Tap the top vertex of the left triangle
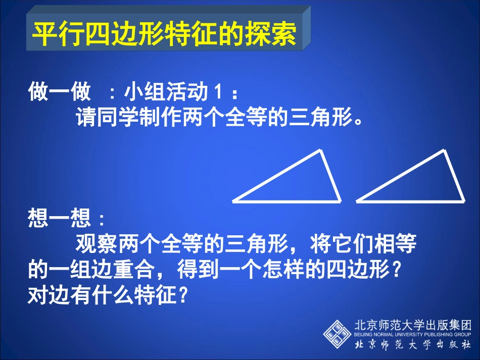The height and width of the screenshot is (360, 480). point(320,150)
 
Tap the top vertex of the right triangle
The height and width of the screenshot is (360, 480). point(444,150)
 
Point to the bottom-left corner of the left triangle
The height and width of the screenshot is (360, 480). point(234,201)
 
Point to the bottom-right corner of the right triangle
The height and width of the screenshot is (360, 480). point(463,200)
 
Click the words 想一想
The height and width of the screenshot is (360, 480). point(60,219)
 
